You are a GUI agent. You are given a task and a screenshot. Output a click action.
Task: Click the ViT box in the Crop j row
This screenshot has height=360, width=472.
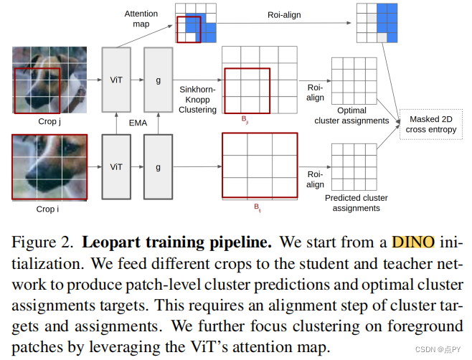(116, 80)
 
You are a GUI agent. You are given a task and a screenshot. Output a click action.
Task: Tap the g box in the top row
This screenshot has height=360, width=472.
(159, 80)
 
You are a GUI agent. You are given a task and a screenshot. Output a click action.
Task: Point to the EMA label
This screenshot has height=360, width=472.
(138, 123)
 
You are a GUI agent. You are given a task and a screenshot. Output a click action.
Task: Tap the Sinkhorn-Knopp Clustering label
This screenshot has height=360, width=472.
(197, 98)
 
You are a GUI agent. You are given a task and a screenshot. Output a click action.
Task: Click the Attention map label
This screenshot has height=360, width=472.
(141, 19)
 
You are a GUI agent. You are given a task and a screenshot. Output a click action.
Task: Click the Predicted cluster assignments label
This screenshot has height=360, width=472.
(352, 203)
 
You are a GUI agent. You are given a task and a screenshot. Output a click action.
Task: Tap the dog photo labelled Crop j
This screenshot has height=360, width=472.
(49, 80)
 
